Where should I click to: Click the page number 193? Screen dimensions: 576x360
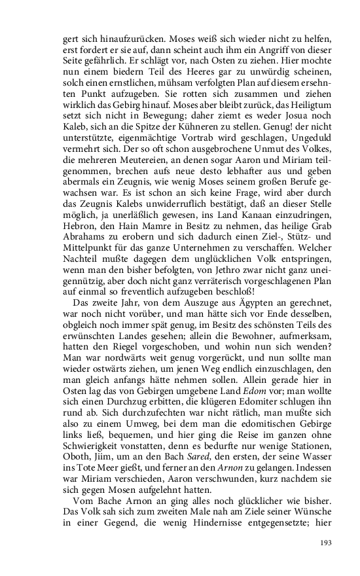tap(327, 543)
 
